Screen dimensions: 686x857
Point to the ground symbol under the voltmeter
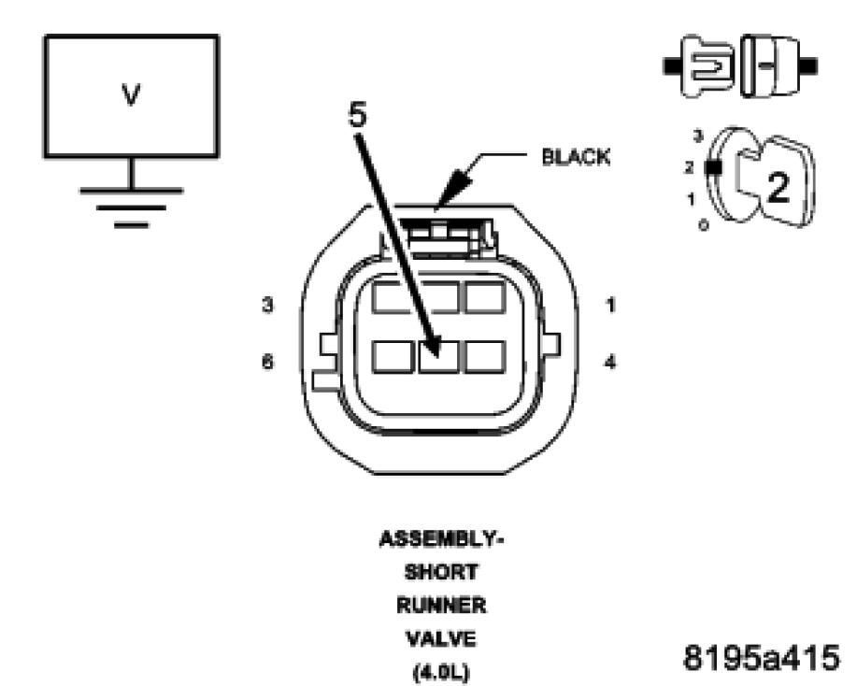[x=131, y=202]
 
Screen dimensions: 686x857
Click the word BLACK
[x=577, y=158]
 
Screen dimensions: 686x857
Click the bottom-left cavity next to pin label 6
[x=392, y=357]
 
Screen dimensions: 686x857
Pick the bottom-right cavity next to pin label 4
[x=484, y=357]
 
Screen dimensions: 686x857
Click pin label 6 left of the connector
[x=268, y=363]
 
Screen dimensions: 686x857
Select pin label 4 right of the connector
[x=610, y=363]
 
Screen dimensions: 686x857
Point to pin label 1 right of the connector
[x=610, y=305]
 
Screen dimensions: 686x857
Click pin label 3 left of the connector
[x=268, y=305]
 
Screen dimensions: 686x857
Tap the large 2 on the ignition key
[x=778, y=188]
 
